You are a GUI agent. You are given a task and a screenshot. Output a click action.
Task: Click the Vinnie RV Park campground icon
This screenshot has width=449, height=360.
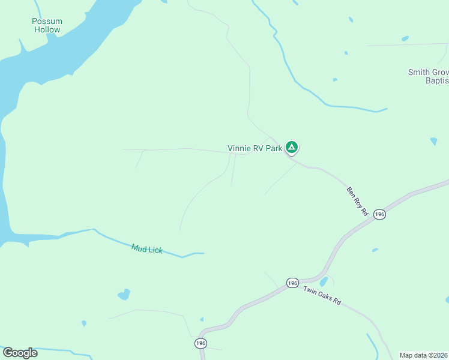(292, 147)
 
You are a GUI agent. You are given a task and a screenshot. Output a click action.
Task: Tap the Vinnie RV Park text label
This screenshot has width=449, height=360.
(255, 148)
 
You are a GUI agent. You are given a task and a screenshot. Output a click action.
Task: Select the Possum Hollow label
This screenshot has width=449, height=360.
(47, 25)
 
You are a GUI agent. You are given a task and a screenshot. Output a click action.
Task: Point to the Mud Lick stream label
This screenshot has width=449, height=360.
(147, 248)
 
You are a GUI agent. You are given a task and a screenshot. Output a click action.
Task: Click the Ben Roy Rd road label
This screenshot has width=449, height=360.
(357, 200)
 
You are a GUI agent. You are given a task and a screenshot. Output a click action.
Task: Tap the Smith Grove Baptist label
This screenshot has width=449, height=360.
(428, 76)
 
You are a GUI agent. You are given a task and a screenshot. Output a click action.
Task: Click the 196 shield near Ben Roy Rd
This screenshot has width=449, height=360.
(379, 214)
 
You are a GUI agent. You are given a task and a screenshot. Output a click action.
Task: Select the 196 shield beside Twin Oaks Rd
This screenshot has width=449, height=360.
(292, 283)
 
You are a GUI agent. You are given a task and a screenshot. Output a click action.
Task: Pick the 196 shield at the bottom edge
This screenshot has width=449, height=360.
(201, 343)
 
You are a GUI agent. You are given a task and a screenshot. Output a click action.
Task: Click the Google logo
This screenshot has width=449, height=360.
(20, 353)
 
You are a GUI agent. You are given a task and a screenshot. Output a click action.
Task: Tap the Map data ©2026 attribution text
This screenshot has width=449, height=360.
(424, 355)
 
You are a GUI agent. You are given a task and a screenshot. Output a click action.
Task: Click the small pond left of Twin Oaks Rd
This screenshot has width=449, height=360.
(324, 281)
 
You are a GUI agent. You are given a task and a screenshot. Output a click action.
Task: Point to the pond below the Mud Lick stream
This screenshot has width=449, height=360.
(124, 295)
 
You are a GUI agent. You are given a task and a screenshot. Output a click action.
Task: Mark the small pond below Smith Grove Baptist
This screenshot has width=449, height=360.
(433, 142)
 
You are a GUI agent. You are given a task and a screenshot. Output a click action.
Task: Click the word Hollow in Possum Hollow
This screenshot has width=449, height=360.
(47, 29)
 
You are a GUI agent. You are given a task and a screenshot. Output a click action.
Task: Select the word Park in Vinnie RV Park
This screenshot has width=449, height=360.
(273, 148)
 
